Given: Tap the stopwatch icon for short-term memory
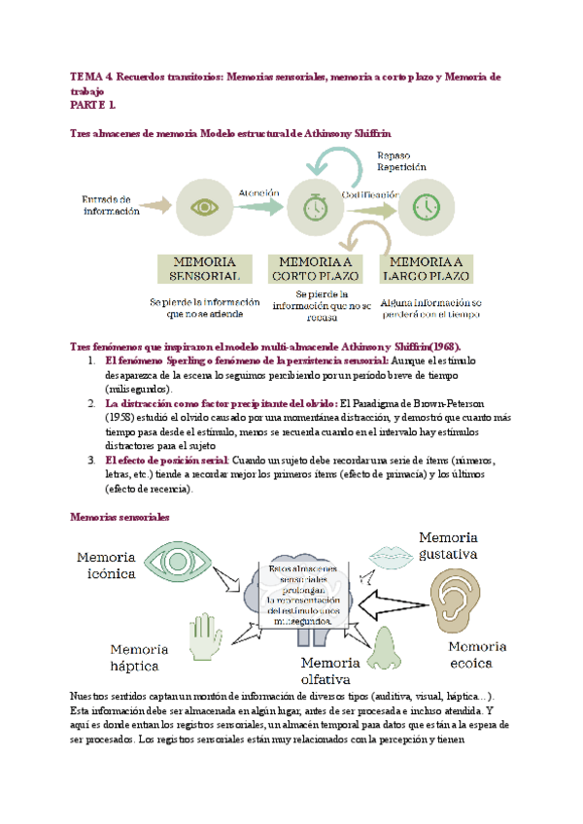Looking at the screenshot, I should (314, 207).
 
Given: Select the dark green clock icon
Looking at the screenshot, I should (425, 207).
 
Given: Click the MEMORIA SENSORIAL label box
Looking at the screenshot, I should (203, 268).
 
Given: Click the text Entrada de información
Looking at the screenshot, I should (111, 204).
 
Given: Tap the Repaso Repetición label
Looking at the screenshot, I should (400, 160).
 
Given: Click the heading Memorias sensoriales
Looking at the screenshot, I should (115, 518).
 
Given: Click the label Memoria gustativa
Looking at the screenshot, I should (448, 546).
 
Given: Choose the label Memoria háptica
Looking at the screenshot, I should (139, 658).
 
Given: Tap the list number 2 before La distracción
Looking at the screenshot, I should (91, 402).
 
